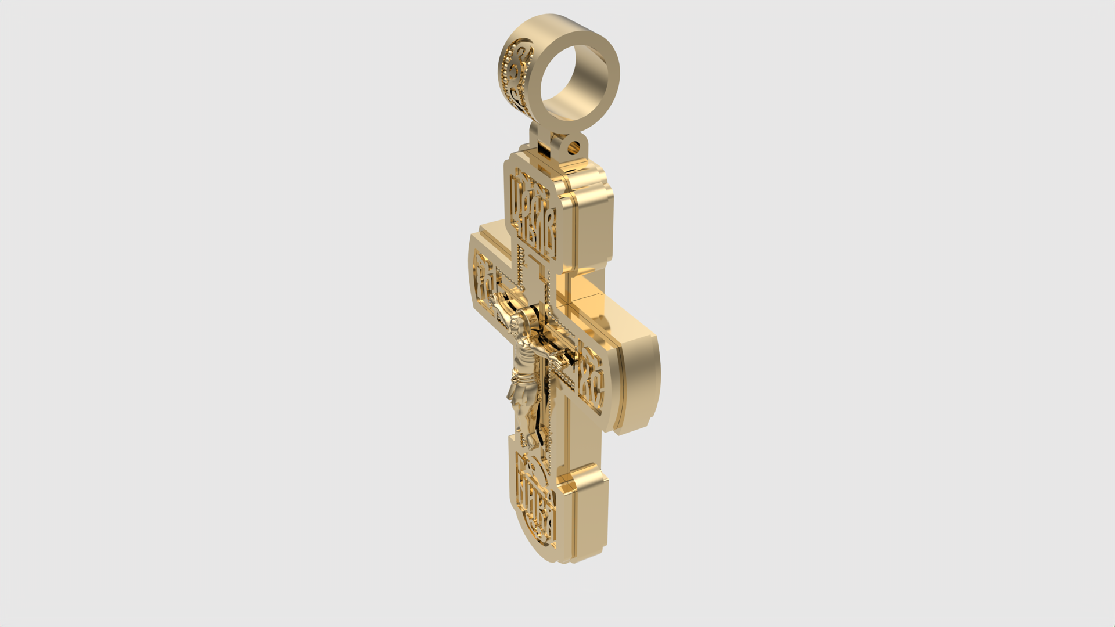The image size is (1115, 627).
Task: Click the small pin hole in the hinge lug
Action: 576,146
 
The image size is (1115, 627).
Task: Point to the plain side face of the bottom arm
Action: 589,517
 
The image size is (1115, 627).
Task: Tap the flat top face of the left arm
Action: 494,232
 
